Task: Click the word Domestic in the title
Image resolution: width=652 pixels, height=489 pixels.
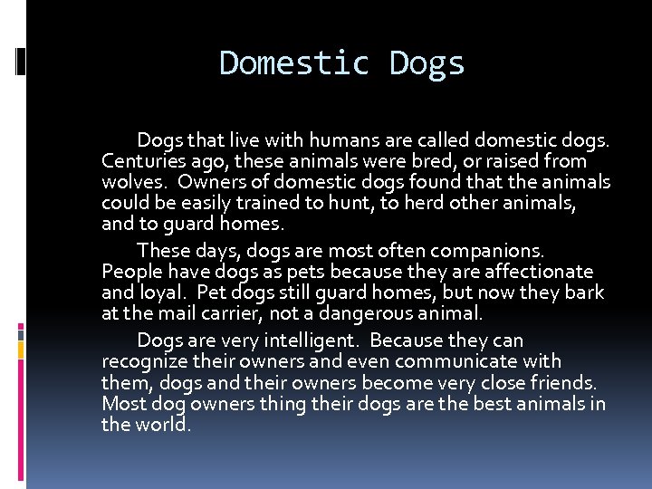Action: coord(294,63)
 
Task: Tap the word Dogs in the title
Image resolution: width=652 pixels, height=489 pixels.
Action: coord(427,63)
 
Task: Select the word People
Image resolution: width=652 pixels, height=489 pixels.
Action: coord(130,272)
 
